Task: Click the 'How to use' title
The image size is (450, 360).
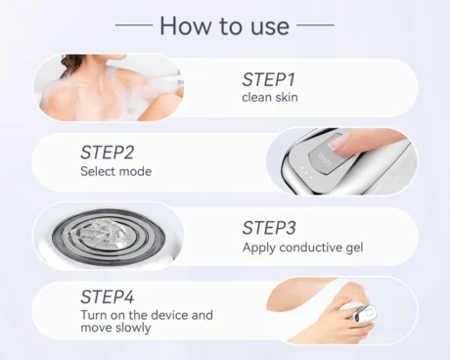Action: click(x=225, y=25)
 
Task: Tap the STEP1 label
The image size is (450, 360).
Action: click(x=269, y=79)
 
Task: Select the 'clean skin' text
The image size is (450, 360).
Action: click(x=270, y=97)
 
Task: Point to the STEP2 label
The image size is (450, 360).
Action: click(x=107, y=153)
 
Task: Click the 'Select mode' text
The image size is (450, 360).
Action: click(x=116, y=171)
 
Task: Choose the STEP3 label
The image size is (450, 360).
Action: click(x=269, y=228)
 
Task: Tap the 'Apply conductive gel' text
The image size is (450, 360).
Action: click(x=302, y=247)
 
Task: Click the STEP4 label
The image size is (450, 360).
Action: click(x=107, y=296)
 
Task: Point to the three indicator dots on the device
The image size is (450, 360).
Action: click(x=306, y=173)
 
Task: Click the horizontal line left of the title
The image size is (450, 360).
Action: click(x=134, y=24)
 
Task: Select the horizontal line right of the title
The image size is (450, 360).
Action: click(x=315, y=24)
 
